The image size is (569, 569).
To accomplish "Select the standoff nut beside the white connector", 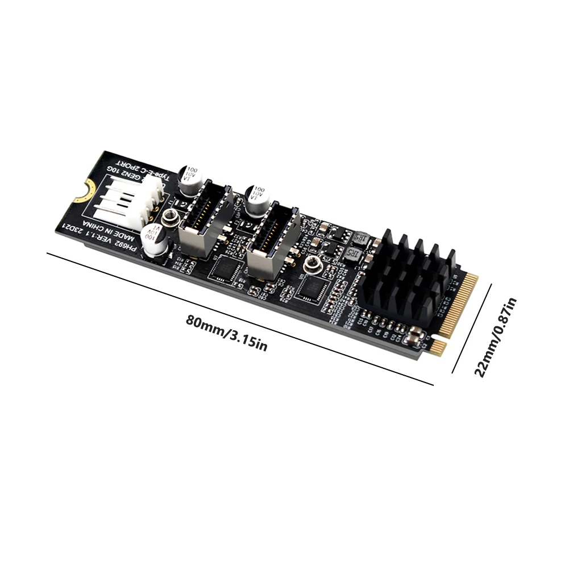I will coord(169,217).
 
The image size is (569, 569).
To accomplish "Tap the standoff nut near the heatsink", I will coord(312,264).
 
